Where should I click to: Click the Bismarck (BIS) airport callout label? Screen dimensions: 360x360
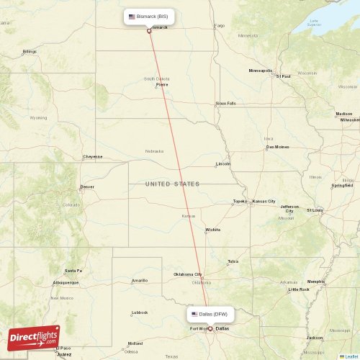(x=148, y=16)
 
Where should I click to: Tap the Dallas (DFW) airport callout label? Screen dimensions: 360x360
(x=211, y=314)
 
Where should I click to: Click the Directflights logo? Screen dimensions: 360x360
(x=35, y=337)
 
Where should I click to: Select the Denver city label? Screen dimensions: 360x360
(x=87, y=186)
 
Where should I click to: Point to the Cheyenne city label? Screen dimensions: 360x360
(x=92, y=156)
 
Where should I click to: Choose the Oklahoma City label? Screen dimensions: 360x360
(x=188, y=274)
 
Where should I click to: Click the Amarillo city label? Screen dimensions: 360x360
(x=139, y=280)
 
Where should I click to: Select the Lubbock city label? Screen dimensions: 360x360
(x=140, y=312)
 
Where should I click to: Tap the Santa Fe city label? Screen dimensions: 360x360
(x=73, y=271)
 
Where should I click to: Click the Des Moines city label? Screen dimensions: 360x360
(x=277, y=147)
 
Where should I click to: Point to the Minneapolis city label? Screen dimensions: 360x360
(x=260, y=71)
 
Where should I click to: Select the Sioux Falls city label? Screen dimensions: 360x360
(x=225, y=103)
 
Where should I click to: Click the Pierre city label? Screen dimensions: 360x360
(x=162, y=84)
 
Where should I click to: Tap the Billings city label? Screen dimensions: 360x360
(x=30, y=52)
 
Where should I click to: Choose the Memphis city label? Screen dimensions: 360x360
(x=315, y=282)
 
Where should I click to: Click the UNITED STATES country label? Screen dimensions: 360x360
(x=173, y=184)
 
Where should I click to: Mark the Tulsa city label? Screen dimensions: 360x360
(x=233, y=261)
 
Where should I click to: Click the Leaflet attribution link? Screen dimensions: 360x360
(x=351, y=356)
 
